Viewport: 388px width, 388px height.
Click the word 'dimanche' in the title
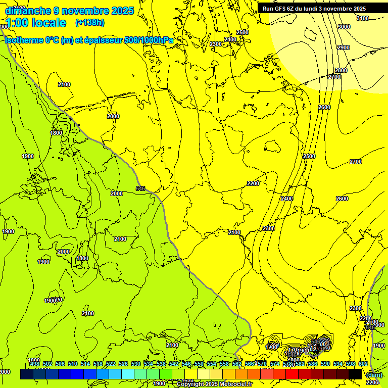click(28, 11)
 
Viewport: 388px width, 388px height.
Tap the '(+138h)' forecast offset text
click(90, 22)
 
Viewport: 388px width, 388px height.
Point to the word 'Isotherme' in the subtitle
click(25, 40)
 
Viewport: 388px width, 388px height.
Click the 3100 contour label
click(362, 18)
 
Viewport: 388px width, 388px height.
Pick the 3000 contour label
click(344, 27)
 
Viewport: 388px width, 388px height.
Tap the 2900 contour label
click(343, 47)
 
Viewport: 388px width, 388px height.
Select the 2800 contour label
click(341, 70)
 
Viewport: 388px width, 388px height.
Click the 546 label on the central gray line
click(140, 188)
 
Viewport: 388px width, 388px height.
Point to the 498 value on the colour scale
click(35, 364)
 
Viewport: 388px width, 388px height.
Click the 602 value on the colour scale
click(363, 364)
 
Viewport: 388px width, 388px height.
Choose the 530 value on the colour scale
click(136, 364)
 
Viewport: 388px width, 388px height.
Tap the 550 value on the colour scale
click(199, 364)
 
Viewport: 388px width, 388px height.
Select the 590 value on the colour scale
click(325, 364)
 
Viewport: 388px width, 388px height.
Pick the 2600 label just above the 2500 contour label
click(324, 107)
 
